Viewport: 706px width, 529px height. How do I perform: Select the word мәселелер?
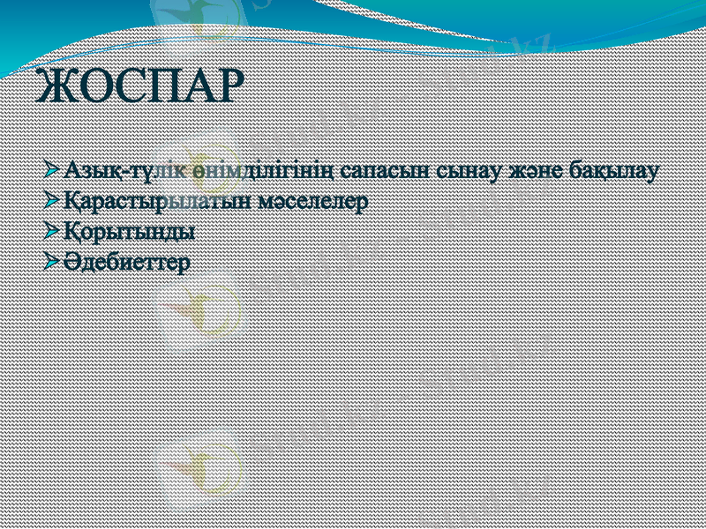point(312,202)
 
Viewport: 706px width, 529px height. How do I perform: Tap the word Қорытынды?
point(129,233)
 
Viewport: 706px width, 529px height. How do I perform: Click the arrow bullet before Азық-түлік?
point(53,168)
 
